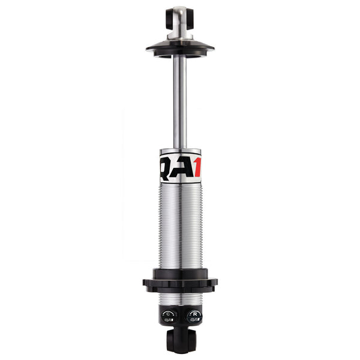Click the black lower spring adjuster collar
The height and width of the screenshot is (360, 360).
(180, 281)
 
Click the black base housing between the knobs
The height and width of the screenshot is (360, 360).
(180, 316)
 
